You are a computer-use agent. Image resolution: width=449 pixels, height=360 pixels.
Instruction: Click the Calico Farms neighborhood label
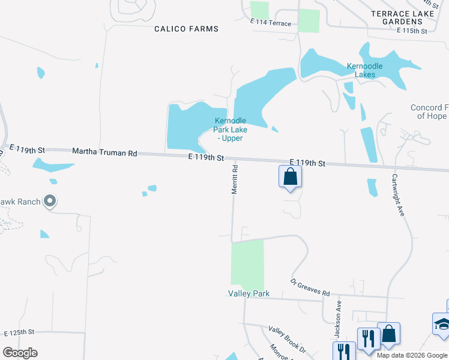coord(186,29)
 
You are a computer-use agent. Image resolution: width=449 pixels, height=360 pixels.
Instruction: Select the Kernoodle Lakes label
coord(364,71)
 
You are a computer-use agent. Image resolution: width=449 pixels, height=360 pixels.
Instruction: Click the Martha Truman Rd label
coord(104,152)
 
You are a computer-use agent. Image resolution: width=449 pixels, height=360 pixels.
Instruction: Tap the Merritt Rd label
coord(235,179)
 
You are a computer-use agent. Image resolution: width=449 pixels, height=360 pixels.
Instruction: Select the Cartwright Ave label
coord(397,196)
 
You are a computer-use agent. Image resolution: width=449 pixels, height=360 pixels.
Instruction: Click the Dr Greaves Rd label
coord(310,287)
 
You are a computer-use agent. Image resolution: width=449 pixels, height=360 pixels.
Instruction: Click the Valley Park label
coord(249,293)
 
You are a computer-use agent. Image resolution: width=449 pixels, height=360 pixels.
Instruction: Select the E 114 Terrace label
coord(271,23)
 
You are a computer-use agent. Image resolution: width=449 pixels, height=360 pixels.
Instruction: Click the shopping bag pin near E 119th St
coord(290,177)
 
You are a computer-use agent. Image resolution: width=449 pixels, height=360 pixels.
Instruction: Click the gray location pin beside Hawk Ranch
coord(50,202)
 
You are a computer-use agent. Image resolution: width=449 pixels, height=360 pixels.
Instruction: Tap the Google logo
coord(20,353)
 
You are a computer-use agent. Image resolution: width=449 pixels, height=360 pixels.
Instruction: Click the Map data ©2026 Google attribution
coord(412,355)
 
